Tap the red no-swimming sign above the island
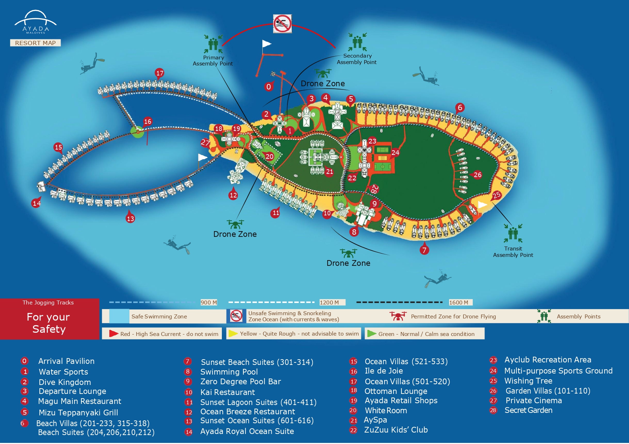pyautogui.click(x=282, y=24)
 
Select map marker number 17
pyautogui.click(x=160, y=73)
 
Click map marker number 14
pyautogui.click(x=37, y=203)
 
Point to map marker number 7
pyautogui.click(x=424, y=250)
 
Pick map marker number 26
pyautogui.click(x=477, y=175)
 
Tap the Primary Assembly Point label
pyautogui.click(x=213, y=60)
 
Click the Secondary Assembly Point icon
pyautogui.click(x=357, y=42)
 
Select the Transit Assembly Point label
pyautogui.click(x=513, y=252)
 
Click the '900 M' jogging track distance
pyautogui.click(x=209, y=302)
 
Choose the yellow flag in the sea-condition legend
pyautogui.click(x=233, y=333)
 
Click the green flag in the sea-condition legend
pyautogui.click(x=372, y=333)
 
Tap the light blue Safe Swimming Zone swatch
pyautogui.click(x=119, y=316)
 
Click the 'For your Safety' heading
pyautogui.click(x=49, y=323)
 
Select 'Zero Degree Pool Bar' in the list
pyautogui.click(x=240, y=381)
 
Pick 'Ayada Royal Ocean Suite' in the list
pyautogui.click(x=247, y=431)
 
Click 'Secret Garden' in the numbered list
pyautogui.click(x=528, y=410)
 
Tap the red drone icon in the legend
pyautogui.click(x=398, y=316)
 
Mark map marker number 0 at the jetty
pyautogui.click(x=268, y=87)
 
